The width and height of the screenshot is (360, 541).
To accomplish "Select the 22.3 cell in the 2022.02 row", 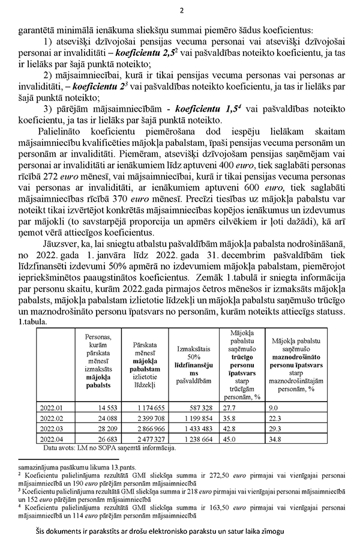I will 278,417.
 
